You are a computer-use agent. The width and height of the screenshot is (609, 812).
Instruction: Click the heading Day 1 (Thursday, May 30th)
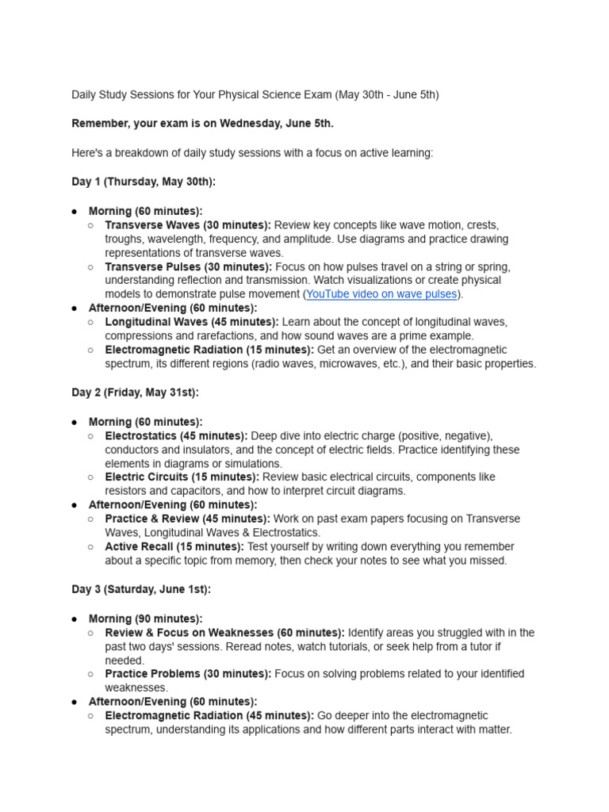[144, 182]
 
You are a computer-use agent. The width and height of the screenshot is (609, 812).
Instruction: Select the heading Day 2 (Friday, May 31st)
[135, 393]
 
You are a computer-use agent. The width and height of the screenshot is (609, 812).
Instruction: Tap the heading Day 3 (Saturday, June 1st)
[141, 589]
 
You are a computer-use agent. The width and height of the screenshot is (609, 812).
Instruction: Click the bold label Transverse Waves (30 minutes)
[188, 225]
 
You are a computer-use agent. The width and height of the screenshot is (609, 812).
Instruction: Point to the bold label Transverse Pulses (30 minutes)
[188, 266]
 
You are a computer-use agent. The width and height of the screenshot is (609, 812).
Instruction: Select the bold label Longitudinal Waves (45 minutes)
[192, 322]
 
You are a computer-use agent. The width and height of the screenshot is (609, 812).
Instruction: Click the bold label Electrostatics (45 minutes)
[176, 436]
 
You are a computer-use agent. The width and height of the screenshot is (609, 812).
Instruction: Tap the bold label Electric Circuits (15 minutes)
[182, 477]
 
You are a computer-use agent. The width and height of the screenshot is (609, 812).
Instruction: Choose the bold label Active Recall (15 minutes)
[174, 546]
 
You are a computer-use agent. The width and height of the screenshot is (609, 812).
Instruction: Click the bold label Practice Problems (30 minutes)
[188, 674]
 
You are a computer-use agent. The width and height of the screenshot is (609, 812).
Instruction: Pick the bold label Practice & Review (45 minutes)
[187, 519]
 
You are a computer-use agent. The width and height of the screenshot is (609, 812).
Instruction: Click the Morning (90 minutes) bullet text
[145, 619]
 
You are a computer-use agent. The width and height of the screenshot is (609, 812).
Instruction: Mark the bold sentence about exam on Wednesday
[202, 124]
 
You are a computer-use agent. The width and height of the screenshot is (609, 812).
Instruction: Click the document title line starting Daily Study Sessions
[255, 95]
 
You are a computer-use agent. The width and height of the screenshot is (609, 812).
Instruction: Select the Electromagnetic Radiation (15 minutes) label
[209, 350]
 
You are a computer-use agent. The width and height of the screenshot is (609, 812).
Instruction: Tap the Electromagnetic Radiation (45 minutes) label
[209, 715]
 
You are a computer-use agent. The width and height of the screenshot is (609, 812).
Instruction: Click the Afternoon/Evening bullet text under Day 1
[172, 308]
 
